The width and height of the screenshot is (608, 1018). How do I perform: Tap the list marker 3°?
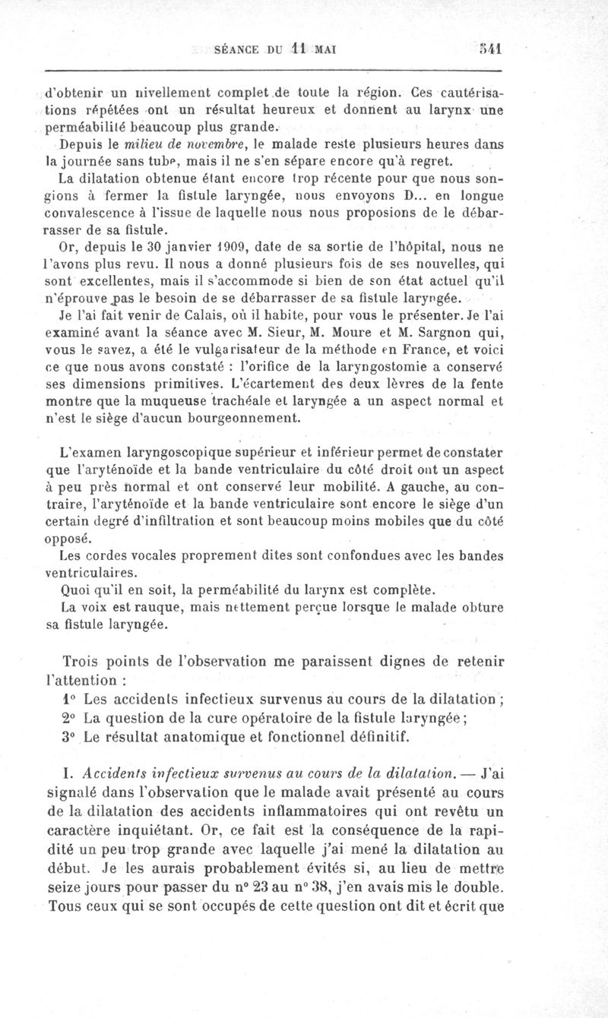pos(68,735)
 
